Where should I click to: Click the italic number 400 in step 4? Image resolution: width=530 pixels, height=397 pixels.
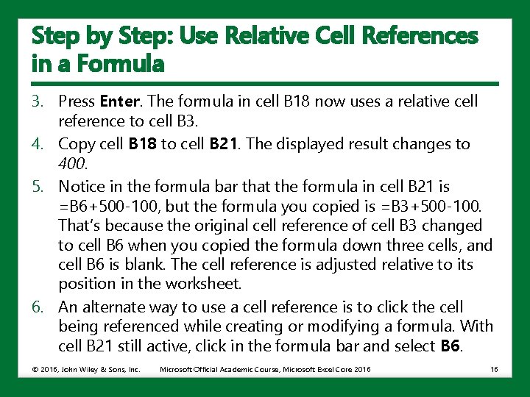coord(71,163)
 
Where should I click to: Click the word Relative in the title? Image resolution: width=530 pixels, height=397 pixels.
coord(283,35)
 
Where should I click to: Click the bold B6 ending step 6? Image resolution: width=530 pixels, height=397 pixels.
coord(451,346)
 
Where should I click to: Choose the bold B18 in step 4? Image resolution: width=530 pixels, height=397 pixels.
coord(142,144)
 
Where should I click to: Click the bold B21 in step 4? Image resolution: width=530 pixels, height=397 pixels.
coord(224,144)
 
